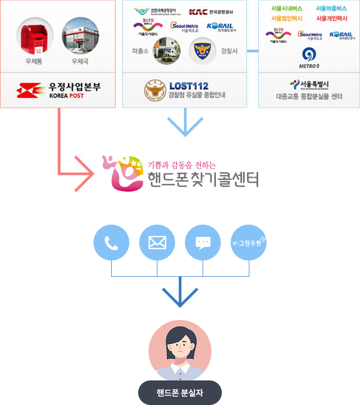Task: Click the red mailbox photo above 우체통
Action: point(35,36)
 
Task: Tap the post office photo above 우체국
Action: point(80,36)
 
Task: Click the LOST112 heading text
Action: point(188,86)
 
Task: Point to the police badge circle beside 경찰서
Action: point(203,51)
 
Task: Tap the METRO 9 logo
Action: point(308,58)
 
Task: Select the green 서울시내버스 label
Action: point(287,8)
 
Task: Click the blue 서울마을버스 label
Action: point(331,8)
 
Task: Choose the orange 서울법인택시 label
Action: point(287,18)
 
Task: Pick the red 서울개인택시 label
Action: point(331,18)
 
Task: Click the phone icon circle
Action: point(111,242)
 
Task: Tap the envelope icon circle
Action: point(157,242)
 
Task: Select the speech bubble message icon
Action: point(203,242)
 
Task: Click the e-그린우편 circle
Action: point(249,242)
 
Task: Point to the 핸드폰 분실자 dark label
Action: point(180,393)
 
